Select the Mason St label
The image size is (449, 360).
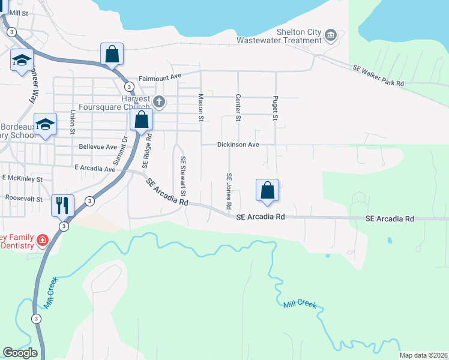(201, 106)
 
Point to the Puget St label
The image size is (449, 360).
(276, 107)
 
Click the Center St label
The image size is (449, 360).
(238, 107)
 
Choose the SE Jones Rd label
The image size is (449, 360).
(229, 191)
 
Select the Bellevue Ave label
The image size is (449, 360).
(98, 146)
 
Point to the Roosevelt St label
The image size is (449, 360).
(23, 198)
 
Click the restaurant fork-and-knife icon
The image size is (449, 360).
(62, 205)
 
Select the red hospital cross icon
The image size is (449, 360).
(42, 241)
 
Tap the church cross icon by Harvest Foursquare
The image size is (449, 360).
(159, 101)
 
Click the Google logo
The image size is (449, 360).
(20, 353)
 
